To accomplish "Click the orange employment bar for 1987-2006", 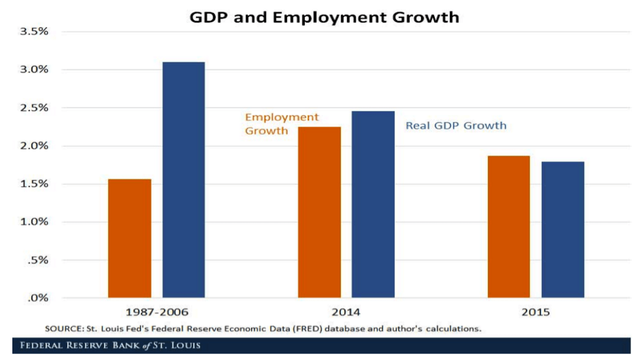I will (x=129, y=238).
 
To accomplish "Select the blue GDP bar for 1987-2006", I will (x=184, y=179).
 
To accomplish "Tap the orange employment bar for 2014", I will (x=319, y=212).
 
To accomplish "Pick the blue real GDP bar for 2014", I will (x=373, y=204).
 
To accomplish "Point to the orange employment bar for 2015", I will (x=509, y=227).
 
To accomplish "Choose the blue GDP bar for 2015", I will (x=563, y=229).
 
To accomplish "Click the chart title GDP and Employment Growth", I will (x=324, y=17).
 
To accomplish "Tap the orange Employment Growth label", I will (x=281, y=124).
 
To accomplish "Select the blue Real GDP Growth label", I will (x=456, y=126).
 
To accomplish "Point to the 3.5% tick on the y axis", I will (x=34, y=32).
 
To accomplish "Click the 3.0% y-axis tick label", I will (x=34, y=70).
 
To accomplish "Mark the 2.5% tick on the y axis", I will (x=34, y=108).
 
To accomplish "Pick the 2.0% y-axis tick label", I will (x=34, y=146).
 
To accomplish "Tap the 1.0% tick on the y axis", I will (x=34, y=222).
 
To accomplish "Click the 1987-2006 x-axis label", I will (x=157, y=312).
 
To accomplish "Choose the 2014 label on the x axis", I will (x=346, y=312).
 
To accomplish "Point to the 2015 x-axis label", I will (x=536, y=312).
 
